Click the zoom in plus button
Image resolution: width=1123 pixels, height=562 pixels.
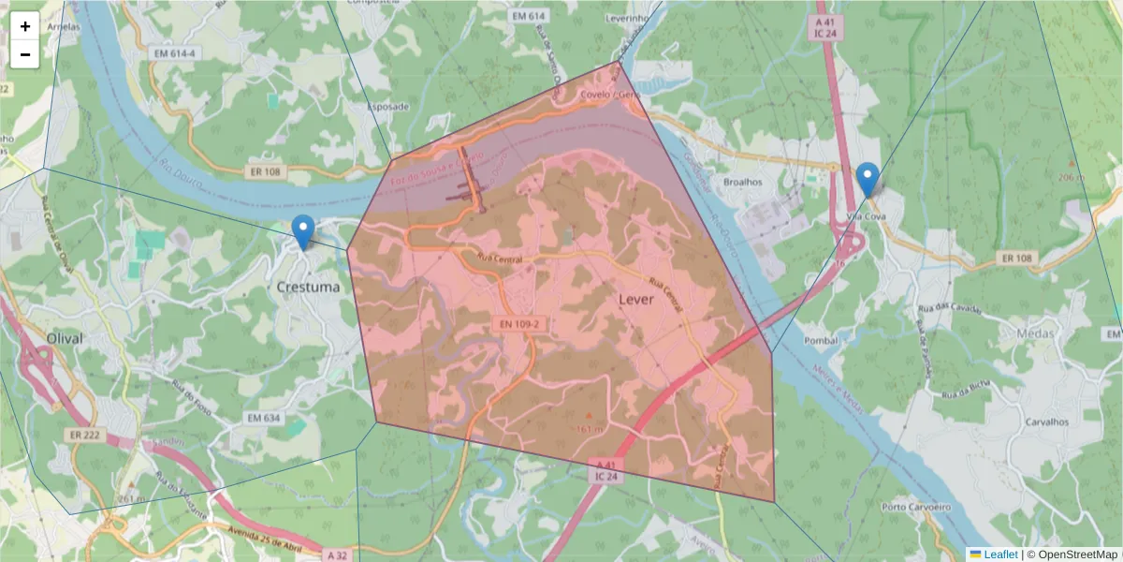pyautogui.click(x=25, y=26)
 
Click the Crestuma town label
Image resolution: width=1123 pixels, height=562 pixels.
pyautogui.click(x=309, y=287)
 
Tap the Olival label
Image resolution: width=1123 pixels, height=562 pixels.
pyautogui.click(x=65, y=337)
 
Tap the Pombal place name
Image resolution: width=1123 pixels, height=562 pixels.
pyautogui.click(x=820, y=339)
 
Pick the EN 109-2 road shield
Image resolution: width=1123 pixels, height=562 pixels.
pyautogui.click(x=518, y=324)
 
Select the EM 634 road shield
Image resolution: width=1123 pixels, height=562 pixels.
pyautogui.click(x=263, y=418)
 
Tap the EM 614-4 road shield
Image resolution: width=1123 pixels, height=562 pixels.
pyautogui.click(x=175, y=54)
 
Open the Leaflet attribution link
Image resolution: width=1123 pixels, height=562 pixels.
pyautogui.click(x=1000, y=555)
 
